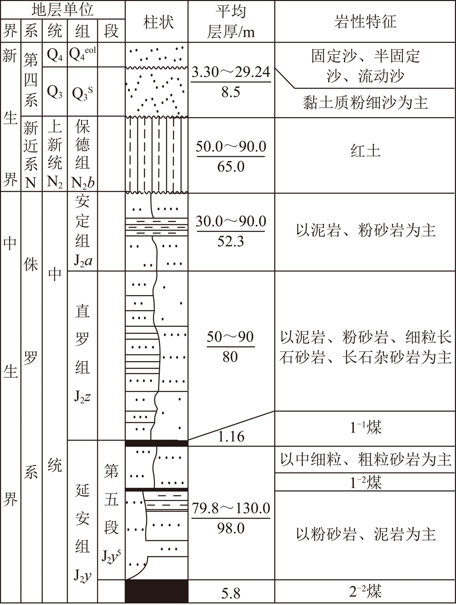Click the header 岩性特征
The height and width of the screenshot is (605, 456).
[x=365, y=22]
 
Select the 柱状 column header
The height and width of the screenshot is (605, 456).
[x=158, y=22]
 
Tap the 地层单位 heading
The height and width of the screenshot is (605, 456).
[x=63, y=9]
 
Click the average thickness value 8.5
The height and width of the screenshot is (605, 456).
[x=231, y=92]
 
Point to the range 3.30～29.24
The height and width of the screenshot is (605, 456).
[x=231, y=72]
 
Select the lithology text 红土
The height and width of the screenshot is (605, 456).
[x=365, y=151]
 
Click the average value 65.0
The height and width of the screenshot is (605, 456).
[x=231, y=166]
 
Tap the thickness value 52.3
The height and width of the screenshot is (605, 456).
[x=231, y=242]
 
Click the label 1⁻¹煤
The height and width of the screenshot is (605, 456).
[x=365, y=428]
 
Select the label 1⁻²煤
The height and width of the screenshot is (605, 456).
[x=365, y=482]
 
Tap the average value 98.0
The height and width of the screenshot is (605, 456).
[x=231, y=528]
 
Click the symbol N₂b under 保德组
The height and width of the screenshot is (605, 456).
[x=83, y=183]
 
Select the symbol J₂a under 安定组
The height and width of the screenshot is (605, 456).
[x=83, y=260]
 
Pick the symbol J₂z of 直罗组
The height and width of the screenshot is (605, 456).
[x=82, y=397]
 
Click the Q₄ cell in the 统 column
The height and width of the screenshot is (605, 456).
[x=55, y=55]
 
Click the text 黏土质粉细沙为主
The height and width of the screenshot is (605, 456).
[x=365, y=103]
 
